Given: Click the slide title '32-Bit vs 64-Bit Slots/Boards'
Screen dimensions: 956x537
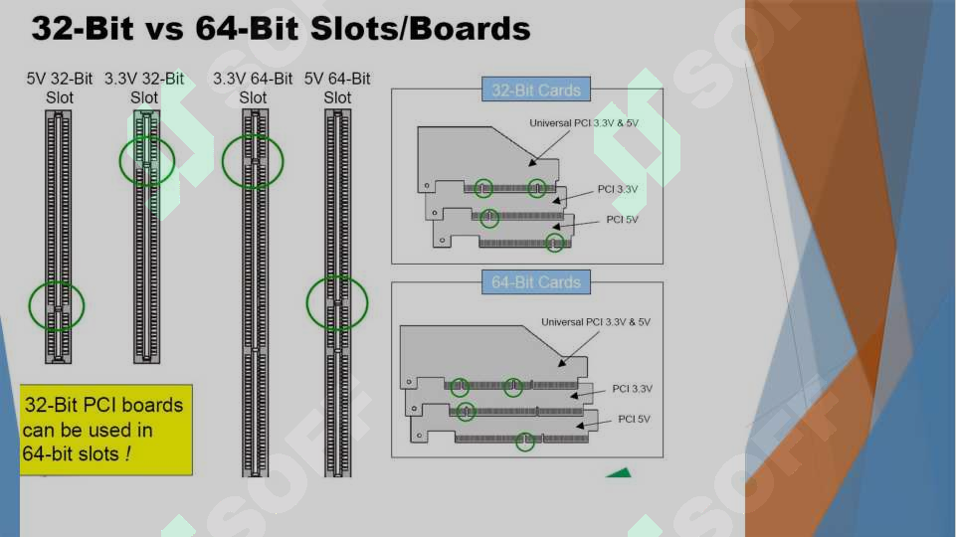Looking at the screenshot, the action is pyautogui.click(x=281, y=28).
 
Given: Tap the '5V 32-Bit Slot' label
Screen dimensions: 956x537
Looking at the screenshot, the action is pyautogui.click(x=59, y=88).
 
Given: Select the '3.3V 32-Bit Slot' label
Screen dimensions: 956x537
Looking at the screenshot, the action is pyautogui.click(x=144, y=88).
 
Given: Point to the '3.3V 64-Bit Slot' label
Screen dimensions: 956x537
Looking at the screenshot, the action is pyautogui.click(x=253, y=88).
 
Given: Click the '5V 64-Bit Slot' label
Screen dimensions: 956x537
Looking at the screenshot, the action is pyautogui.click(x=337, y=88).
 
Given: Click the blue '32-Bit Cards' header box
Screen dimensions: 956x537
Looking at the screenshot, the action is pyautogui.click(x=536, y=89).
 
